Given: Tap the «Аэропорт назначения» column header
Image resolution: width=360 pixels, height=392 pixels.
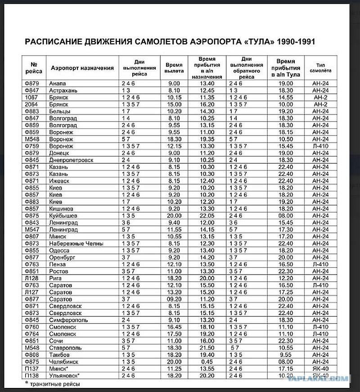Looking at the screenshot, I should coord(82,68).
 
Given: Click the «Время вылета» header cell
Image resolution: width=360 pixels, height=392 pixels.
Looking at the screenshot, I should coord(174,68).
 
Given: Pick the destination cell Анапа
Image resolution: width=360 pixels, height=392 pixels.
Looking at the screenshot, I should coord(58,83).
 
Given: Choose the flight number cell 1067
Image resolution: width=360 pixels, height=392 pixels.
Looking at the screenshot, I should coord(31,97).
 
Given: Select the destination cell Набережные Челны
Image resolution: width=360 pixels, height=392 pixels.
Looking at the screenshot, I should coord(76,243).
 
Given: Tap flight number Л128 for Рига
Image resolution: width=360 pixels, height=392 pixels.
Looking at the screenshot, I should coord(31,278).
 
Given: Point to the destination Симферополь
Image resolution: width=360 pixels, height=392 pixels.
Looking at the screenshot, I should coord(69,320).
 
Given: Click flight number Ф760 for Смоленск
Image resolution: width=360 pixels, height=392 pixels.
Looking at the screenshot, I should coord(31,327).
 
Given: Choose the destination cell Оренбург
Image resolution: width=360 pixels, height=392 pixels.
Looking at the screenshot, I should coord(63,257).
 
